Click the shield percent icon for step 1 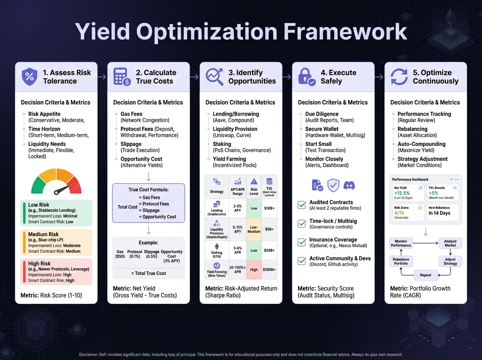(29, 77)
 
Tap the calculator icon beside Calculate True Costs (122, 77)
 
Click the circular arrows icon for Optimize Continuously (399, 77)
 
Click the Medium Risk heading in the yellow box (43, 234)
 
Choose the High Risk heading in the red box (39, 264)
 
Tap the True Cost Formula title (149, 190)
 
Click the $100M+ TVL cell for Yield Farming (269, 270)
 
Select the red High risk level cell (254, 270)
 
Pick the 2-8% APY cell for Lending (237, 209)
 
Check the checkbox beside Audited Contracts (302, 205)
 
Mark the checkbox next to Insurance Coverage (302, 242)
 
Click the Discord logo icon (349, 185)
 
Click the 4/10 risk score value (399, 213)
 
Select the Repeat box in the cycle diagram (425, 275)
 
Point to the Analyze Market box (450, 243)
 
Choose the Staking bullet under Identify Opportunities (222, 144)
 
